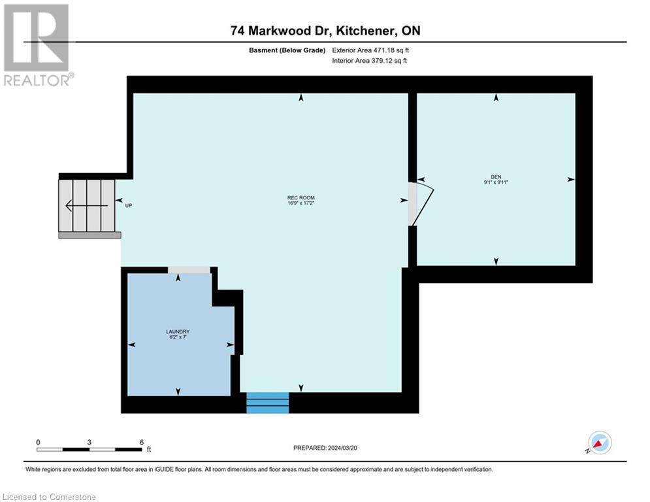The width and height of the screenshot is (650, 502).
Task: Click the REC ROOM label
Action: coord(296,197)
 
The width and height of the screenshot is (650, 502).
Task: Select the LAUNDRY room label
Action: coord(178,332)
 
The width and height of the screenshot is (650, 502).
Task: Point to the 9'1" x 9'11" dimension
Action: coord(496,182)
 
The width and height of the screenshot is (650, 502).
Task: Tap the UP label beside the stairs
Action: coord(129,205)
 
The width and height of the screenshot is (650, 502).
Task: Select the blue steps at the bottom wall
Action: coord(267,403)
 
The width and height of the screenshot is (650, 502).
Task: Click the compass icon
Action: coord(599,443)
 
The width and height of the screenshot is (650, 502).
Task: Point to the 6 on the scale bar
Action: coord(141,442)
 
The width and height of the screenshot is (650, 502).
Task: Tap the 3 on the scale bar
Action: coord(89,442)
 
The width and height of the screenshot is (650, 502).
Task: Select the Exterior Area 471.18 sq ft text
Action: coord(370,50)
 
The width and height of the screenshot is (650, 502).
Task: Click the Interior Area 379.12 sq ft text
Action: coord(370,61)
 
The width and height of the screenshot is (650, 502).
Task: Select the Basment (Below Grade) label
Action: coord(287,50)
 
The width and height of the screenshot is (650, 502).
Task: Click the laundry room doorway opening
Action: coord(189,269)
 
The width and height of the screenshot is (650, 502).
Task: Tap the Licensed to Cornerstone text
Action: coord(48,497)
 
